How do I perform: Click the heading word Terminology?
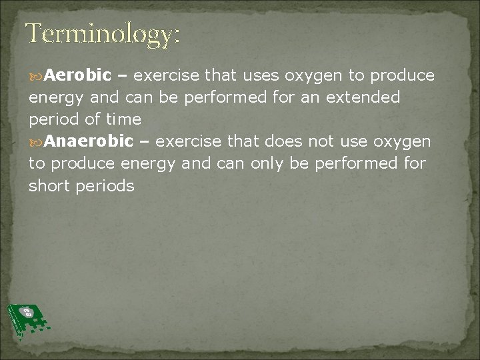click(103, 35)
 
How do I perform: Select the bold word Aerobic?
click(80, 75)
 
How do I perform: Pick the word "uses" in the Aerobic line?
click(265, 75)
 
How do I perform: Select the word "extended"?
click(363, 97)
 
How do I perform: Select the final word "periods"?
click(104, 186)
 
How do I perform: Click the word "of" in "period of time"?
click(88, 119)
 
